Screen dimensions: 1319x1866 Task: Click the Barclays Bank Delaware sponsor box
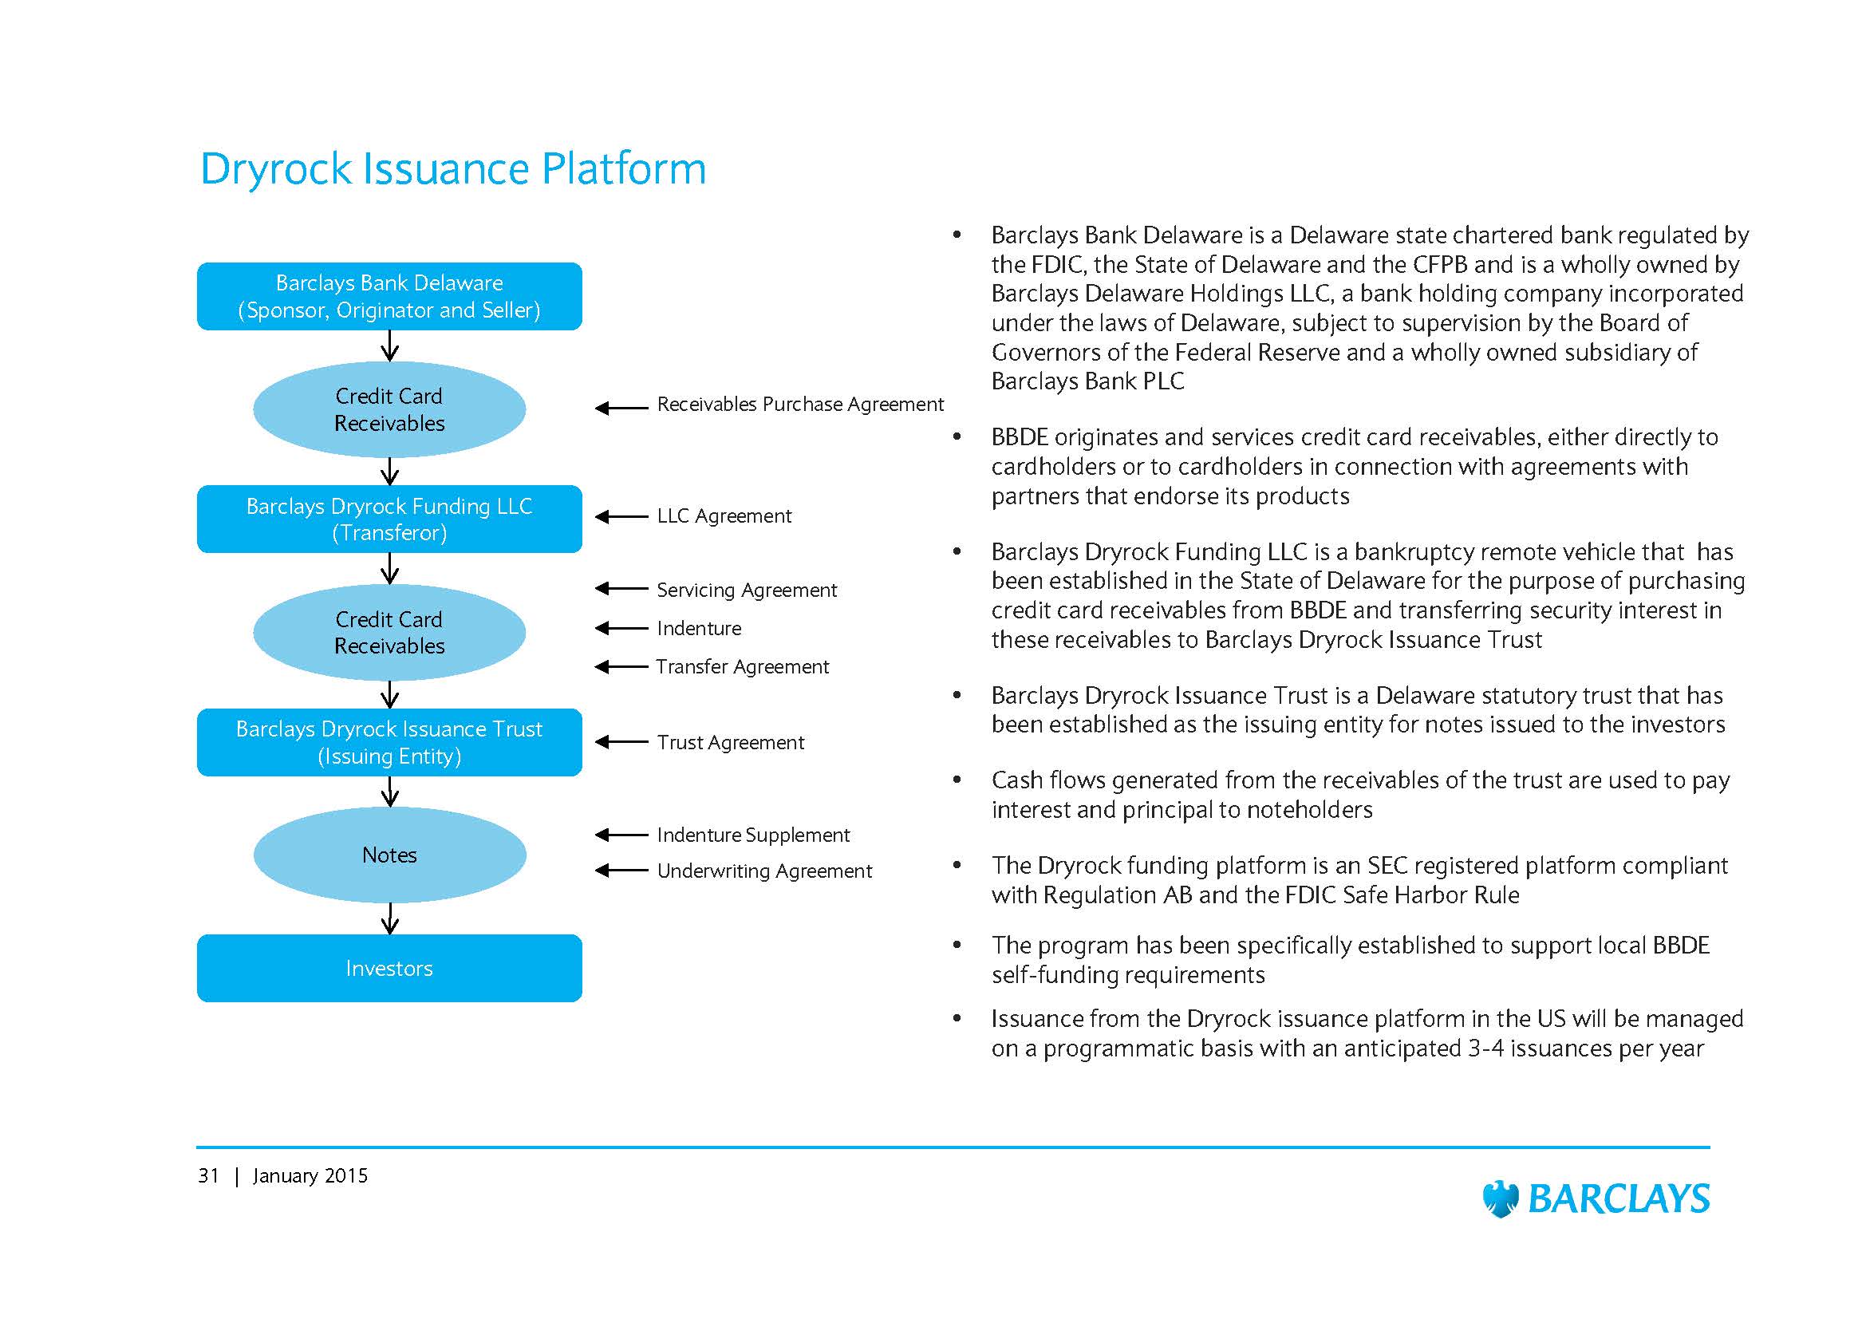tap(389, 296)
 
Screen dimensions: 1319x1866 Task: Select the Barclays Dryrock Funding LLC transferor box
tap(389, 519)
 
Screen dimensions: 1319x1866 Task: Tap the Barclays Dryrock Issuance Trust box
tap(389, 742)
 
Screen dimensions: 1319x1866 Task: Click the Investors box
tap(389, 968)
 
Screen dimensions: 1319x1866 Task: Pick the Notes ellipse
tap(389, 855)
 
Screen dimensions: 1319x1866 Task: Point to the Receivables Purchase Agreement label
tap(799, 405)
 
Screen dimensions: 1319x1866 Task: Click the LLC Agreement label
tap(724, 516)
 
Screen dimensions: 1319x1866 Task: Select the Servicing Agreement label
tap(746, 590)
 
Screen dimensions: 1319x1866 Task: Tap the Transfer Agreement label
tap(742, 667)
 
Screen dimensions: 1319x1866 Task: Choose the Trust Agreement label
tap(730, 743)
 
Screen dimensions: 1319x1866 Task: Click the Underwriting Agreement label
tap(764, 871)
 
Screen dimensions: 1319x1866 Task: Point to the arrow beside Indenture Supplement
tap(621, 835)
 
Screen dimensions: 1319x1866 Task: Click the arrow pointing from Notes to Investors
tap(390, 918)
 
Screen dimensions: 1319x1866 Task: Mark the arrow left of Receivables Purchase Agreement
tap(621, 408)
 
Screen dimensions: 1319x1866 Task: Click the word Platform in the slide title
tap(623, 169)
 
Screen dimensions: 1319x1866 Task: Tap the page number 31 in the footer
tap(208, 1176)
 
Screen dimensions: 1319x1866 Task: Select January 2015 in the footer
tap(310, 1176)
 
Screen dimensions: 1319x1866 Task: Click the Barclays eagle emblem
tap(1501, 1199)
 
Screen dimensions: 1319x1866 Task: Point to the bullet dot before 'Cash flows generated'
tap(957, 780)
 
